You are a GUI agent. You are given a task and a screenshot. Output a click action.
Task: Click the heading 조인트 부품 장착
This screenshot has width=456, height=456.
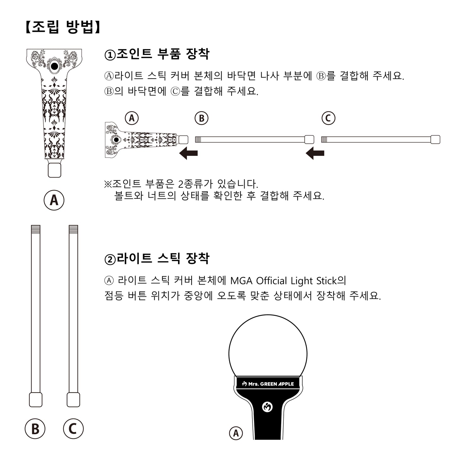click(157, 54)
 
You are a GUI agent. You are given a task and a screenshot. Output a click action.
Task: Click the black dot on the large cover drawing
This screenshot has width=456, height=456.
click(55, 66)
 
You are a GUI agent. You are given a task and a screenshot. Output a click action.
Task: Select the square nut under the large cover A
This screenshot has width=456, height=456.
click(54, 170)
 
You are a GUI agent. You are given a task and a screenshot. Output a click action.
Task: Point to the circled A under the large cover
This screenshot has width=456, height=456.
click(54, 200)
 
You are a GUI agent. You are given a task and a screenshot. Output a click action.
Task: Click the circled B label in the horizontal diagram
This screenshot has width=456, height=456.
click(202, 118)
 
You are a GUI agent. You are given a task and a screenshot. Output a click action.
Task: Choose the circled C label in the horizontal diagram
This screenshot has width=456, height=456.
click(328, 118)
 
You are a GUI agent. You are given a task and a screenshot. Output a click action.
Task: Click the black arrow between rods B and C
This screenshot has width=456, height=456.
click(315, 154)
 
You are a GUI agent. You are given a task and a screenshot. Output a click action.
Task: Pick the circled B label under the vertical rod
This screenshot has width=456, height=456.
click(35, 429)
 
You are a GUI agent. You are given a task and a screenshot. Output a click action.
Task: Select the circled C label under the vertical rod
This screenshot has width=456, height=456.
click(73, 429)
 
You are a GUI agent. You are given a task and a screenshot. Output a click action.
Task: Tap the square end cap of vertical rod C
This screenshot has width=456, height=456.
click(73, 400)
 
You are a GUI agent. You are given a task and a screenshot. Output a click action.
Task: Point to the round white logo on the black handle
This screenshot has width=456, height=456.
click(268, 407)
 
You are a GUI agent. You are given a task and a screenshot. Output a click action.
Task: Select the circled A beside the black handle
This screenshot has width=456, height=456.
click(236, 433)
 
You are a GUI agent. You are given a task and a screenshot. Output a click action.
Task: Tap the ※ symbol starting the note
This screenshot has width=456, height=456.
click(108, 184)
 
